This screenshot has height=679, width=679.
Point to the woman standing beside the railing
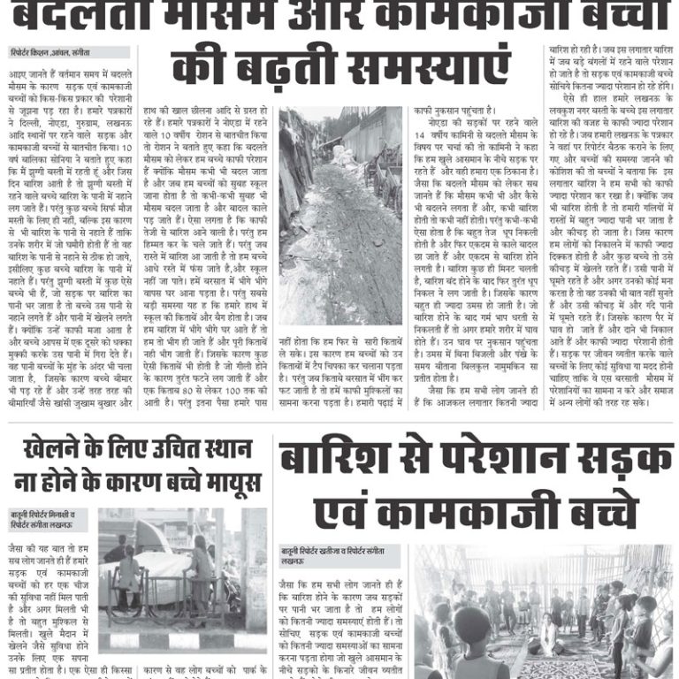pyautogui.click(x=201, y=566)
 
